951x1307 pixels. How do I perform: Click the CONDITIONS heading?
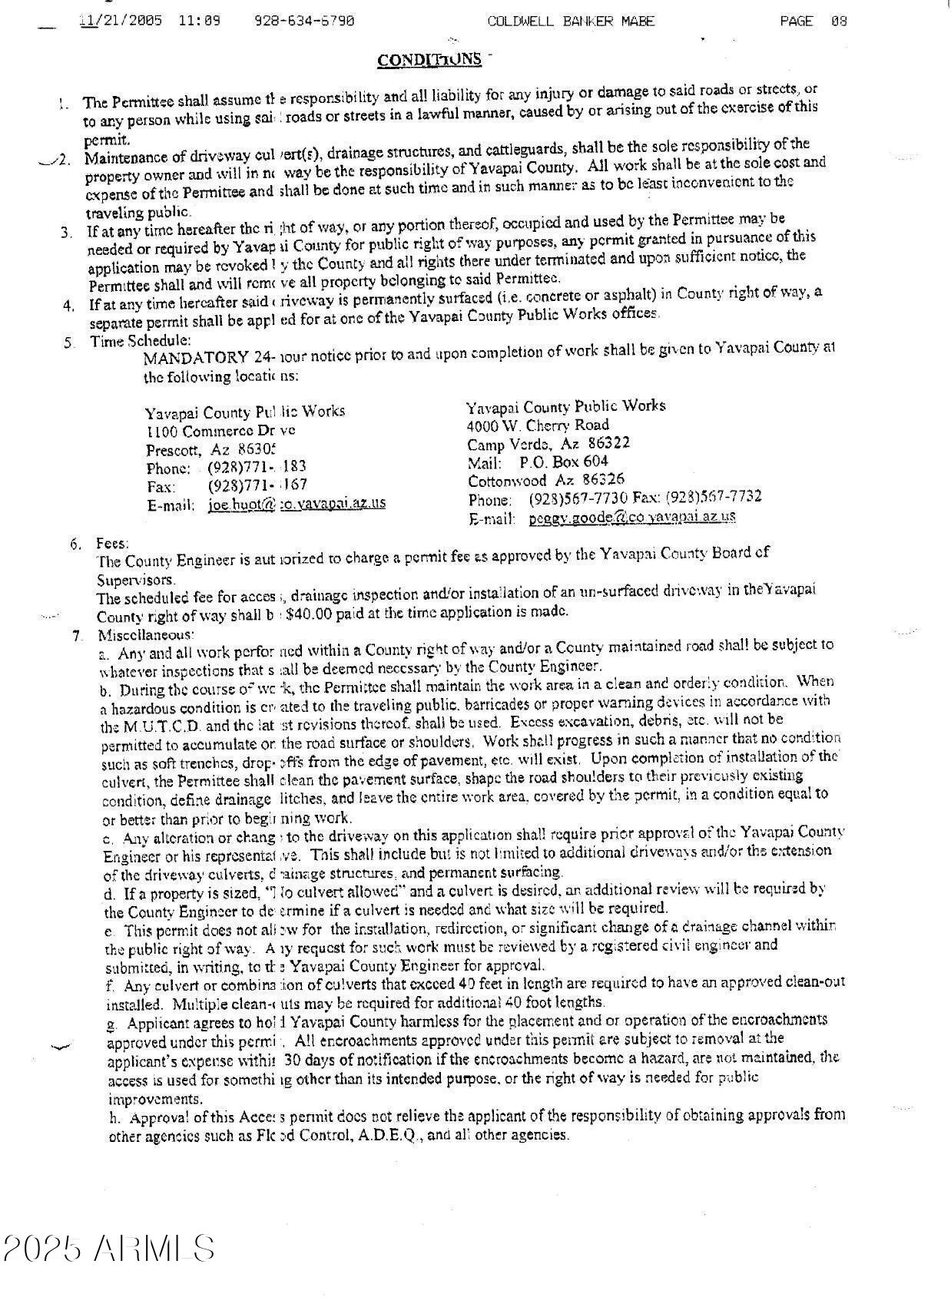(x=429, y=59)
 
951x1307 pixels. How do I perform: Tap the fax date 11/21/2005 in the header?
(x=121, y=21)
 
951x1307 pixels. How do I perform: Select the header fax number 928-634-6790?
(x=304, y=21)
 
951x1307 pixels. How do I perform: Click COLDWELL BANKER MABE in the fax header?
(x=571, y=21)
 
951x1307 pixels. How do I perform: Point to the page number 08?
(x=838, y=21)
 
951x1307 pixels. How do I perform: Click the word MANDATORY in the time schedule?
(x=195, y=358)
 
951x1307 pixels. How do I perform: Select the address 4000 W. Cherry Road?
(x=538, y=425)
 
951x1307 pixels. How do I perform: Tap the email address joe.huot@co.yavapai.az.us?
(x=297, y=504)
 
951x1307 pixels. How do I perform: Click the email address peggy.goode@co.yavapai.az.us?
(x=631, y=517)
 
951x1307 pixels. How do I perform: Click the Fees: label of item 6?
(x=112, y=544)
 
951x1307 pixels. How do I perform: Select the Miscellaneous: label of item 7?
(x=145, y=635)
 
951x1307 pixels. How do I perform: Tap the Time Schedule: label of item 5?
(x=141, y=340)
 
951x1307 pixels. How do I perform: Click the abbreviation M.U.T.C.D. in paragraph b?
(x=162, y=726)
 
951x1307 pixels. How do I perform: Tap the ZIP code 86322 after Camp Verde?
(x=608, y=443)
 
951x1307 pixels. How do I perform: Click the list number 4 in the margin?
(x=69, y=305)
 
